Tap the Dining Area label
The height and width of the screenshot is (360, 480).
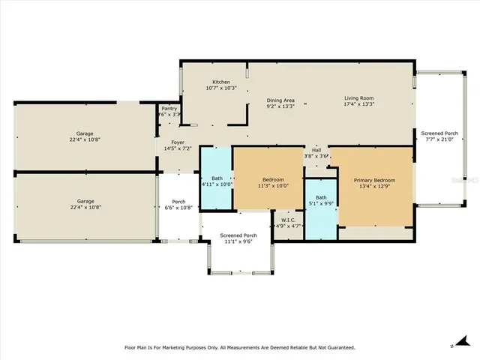coord(280,100)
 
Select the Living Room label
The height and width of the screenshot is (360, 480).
coord(358,98)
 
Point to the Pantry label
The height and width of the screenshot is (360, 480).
coord(169,109)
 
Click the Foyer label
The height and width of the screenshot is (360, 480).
coord(178,142)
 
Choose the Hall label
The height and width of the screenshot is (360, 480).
coord(316,150)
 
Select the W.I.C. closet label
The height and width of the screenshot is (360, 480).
coord(287,219)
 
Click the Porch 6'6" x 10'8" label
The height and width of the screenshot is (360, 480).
coord(178,201)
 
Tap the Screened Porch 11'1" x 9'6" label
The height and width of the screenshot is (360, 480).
coord(238,235)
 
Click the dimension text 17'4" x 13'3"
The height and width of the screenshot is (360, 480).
coord(358,104)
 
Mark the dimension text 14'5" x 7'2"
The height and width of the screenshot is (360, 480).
coord(178,148)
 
